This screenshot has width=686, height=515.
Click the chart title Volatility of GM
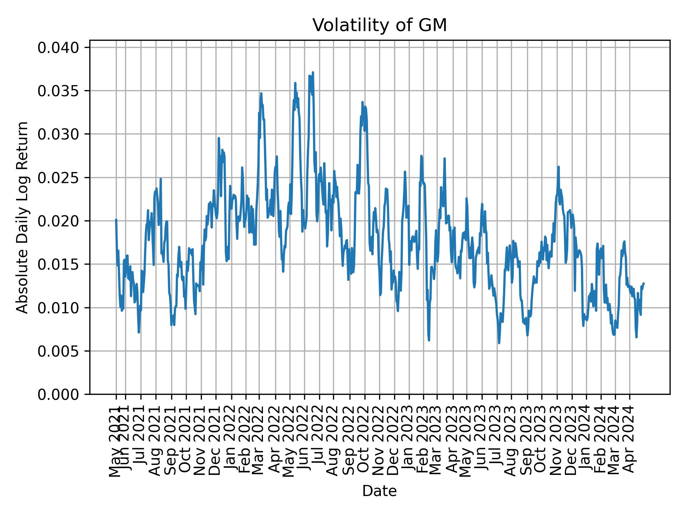[x=379, y=25]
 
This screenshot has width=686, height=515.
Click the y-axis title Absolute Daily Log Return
[x=23, y=217]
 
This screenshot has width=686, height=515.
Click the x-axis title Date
[x=379, y=491]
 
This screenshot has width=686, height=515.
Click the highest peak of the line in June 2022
[x=313, y=72]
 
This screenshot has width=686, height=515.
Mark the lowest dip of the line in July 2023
[x=499, y=343]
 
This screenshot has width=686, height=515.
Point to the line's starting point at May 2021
[x=116, y=220]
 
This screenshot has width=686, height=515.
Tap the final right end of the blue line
[x=643, y=283]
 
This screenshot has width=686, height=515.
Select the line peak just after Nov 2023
[x=558, y=167]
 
